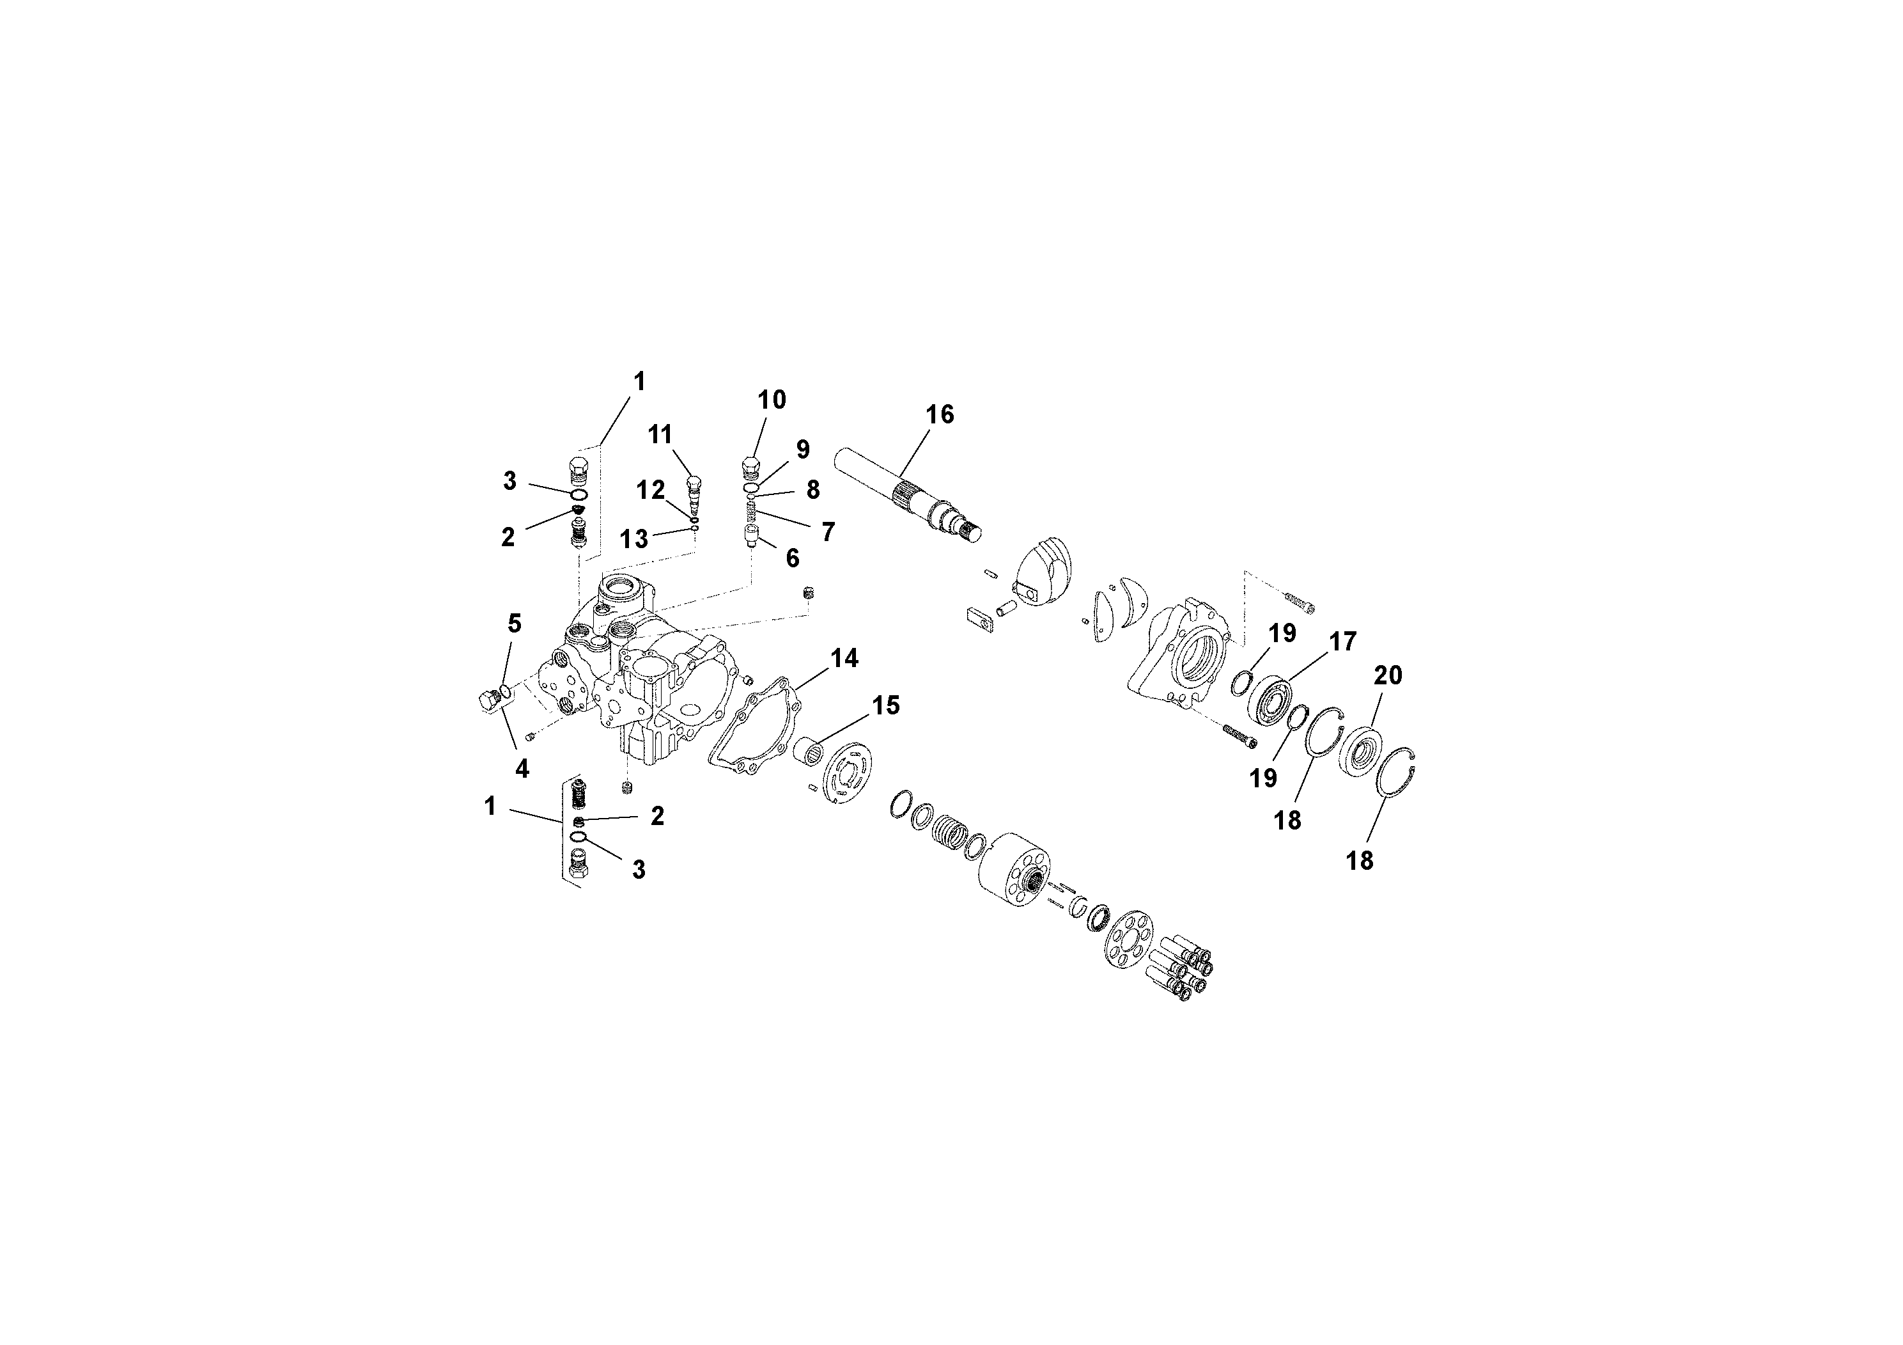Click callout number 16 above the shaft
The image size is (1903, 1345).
click(939, 414)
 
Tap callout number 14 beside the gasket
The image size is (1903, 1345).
click(844, 658)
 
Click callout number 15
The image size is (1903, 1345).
click(885, 705)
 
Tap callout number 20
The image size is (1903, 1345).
click(1388, 676)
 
